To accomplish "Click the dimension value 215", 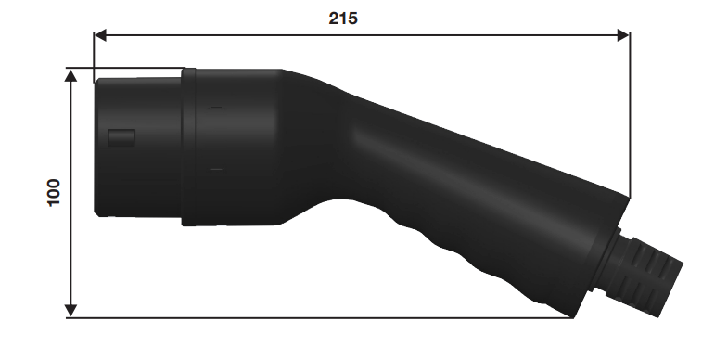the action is pyautogui.click(x=343, y=19).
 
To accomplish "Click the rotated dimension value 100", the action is pyautogui.click(x=54, y=193).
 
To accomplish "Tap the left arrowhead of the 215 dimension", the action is pyautogui.click(x=100, y=35).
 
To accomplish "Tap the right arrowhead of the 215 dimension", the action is pyautogui.click(x=623, y=35).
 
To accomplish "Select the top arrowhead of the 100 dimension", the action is pyautogui.click(x=70, y=75).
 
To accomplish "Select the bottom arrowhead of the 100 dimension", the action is pyautogui.click(x=70, y=311).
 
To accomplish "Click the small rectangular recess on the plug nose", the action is pyautogui.click(x=121, y=137).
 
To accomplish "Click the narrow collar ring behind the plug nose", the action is pyautogui.click(x=188, y=147).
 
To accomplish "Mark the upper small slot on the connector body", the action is pyautogui.click(x=216, y=108).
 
